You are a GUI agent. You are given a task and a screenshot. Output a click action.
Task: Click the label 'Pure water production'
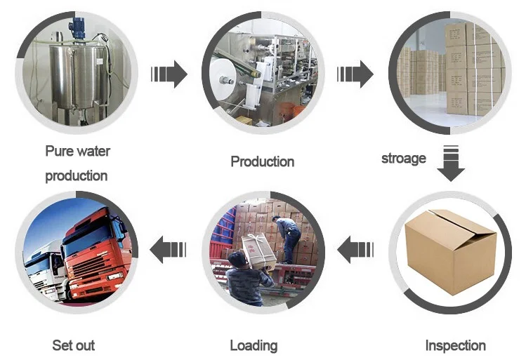point(77,163)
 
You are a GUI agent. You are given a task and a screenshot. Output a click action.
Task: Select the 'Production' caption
point(262,161)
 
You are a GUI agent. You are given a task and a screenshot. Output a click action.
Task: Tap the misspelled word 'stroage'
point(403,158)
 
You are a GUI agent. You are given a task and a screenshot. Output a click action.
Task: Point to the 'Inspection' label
point(455,345)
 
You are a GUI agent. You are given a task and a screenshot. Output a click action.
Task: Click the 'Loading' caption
point(254,345)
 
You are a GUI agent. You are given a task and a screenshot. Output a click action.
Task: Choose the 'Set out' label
point(73,345)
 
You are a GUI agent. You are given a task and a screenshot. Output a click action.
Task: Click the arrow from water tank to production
point(169,74)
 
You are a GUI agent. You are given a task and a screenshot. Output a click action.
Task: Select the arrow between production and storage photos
point(355,74)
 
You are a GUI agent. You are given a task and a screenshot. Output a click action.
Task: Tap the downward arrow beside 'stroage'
point(450,162)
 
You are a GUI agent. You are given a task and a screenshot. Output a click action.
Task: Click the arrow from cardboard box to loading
point(355,248)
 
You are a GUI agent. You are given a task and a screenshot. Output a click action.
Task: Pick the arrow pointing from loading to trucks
point(169,248)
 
